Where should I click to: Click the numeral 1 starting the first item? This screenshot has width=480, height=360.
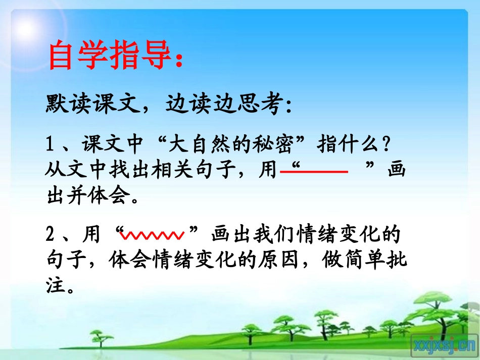click(x=50, y=146)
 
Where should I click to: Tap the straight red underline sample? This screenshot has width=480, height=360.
click(x=314, y=172)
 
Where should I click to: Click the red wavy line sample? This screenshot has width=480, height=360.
click(x=154, y=235)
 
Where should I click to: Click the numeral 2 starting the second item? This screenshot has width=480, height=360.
click(x=50, y=235)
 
